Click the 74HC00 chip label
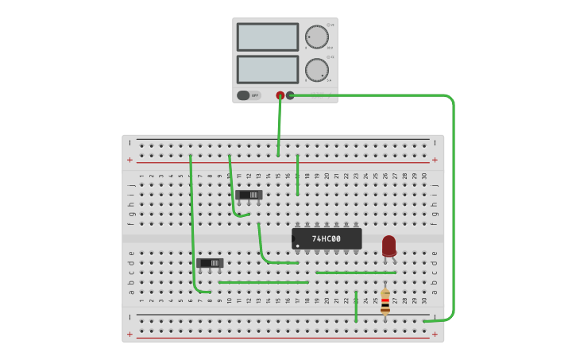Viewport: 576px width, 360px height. click(327, 238)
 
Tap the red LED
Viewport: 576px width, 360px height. click(389, 246)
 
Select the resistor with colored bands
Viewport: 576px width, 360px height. click(385, 302)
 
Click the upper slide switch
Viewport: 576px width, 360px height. click(249, 195)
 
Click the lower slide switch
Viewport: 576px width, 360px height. click(211, 262)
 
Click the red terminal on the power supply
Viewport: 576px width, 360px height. click(280, 95)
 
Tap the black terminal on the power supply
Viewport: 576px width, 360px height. click(290, 95)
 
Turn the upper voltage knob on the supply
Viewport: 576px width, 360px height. click(316, 37)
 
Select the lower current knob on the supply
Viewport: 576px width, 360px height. click(316, 70)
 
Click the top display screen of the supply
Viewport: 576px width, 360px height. click(268, 37)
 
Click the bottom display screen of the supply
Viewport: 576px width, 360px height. click(268, 70)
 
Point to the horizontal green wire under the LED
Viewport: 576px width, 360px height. click(355, 273)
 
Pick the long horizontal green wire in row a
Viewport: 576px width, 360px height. click(263, 282)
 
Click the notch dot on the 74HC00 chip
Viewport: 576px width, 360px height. click(298, 246)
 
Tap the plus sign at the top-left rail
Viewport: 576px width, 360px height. click(130, 160)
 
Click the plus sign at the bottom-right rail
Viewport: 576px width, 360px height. click(435, 334)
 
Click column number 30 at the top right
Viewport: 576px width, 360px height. click(424, 176)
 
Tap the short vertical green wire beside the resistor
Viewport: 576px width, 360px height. click(356, 306)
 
